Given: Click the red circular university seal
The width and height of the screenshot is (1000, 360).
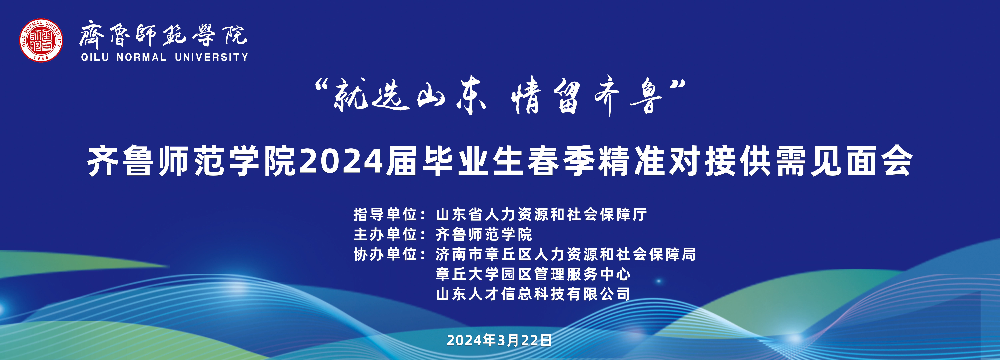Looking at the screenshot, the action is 41,40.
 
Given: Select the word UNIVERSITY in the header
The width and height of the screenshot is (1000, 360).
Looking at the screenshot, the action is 211,57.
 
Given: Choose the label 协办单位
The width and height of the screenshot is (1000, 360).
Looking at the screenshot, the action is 385,254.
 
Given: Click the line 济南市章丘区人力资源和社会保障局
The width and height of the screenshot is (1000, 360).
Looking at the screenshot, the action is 566,254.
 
